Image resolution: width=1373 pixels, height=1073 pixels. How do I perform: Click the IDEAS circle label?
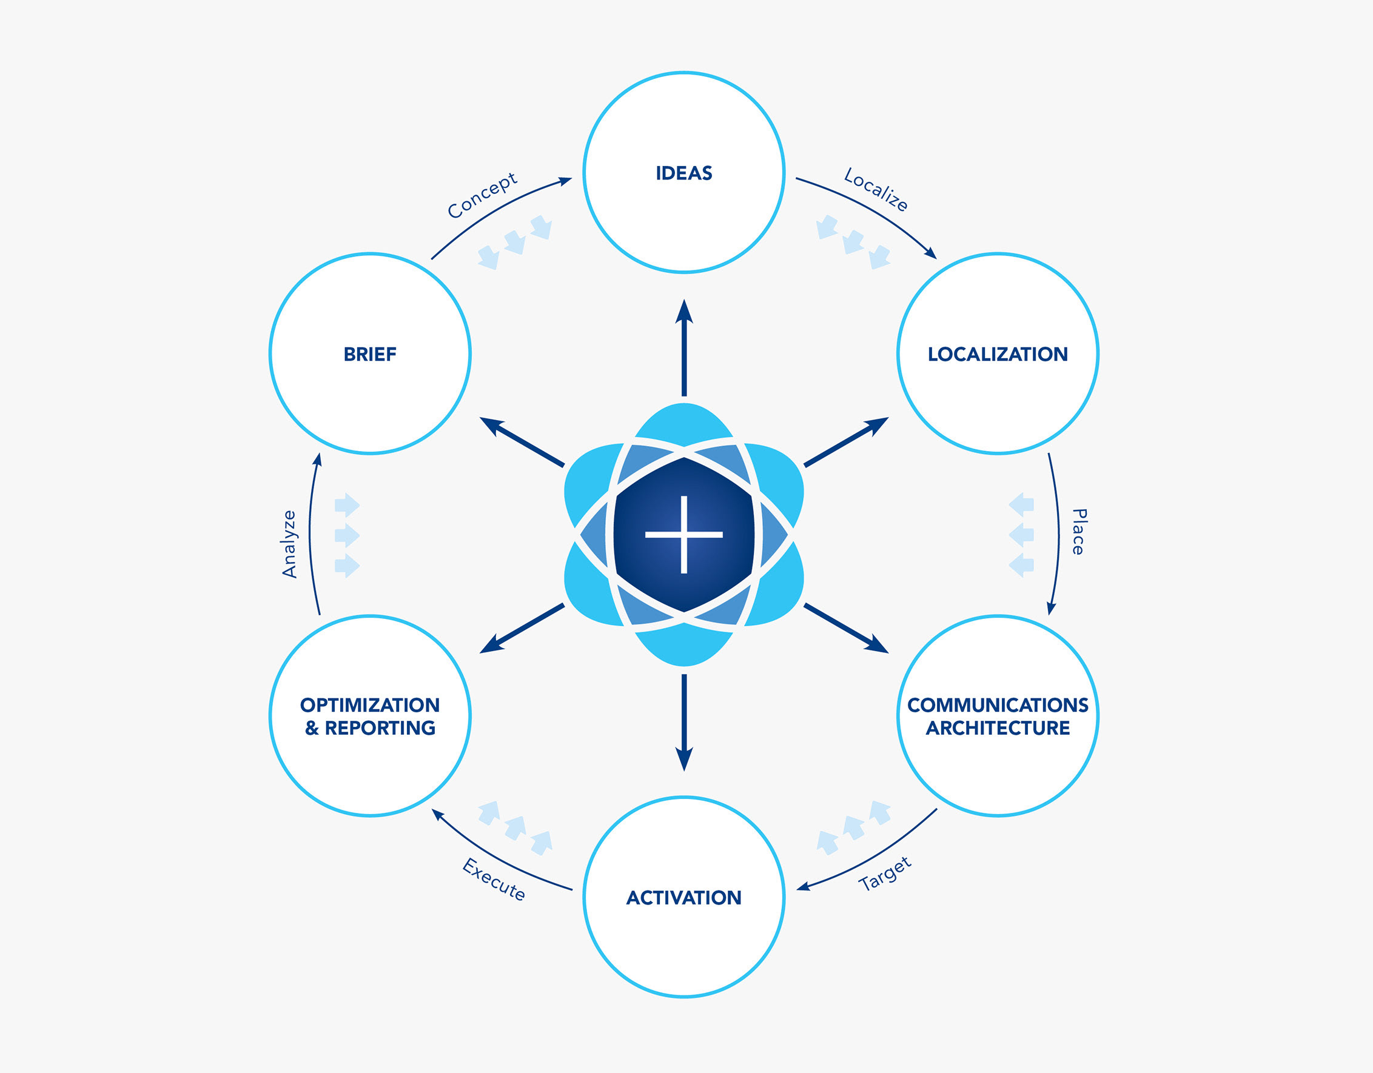(x=684, y=173)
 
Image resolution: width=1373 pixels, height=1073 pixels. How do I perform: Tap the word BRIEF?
(x=370, y=354)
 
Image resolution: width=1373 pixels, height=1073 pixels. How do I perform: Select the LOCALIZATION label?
(x=998, y=354)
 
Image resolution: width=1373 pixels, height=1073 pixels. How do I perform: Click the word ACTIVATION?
(x=684, y=898)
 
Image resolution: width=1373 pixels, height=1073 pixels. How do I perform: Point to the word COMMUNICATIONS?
(x=998, y=704)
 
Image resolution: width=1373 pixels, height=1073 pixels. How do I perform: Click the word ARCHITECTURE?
(x=998, y=728)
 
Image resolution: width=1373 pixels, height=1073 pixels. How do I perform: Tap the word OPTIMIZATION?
(x=370, y=704)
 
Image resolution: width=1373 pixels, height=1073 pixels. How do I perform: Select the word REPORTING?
(x=380, y=728)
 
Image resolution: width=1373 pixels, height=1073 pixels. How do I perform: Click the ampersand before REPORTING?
(x=312, y=728)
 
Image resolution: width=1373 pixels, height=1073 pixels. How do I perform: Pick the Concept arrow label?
(x=482, y=195)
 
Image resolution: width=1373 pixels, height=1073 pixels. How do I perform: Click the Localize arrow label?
(x=876, y=189)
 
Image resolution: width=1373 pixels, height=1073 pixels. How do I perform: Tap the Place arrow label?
(x=1079, y=532)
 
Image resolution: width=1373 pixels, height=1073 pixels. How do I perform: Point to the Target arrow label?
(x=885, y=874)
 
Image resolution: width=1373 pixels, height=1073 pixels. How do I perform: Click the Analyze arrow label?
(x=289, y=544)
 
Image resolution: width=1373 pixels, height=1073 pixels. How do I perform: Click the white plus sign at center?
(x=684, y=535)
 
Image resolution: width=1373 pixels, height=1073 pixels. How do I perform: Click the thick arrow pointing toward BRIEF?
(x=521, y=441)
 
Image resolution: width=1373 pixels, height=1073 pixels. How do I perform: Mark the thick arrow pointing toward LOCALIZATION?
(x=846, y=441)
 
